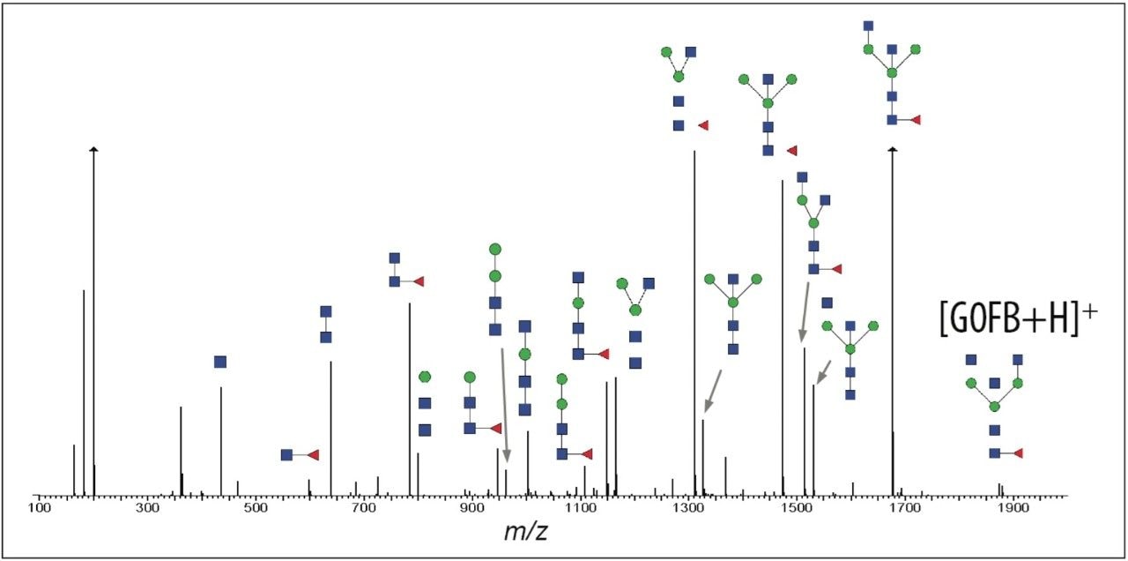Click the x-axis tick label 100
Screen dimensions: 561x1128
pyautogui.click(x=39, y=509)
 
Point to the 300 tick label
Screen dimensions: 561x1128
pyautogui.click(x=147, y=509)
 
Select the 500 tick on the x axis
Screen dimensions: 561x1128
pyautogui.click(x=256, y=509)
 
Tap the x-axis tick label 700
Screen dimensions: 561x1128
pyautogui.click(x=364, y=509)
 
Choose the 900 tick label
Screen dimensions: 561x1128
pyautogui.click(x=472, y=509)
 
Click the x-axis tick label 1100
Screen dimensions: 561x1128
pyautogui.click(x=581, y=509)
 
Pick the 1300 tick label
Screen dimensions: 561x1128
pyautogui.click(x=689, y=509)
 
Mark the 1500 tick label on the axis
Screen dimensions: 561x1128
pyautogui.click(x=798, y=509)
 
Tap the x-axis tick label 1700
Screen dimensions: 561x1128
pyautogui.click(x=906, y=509)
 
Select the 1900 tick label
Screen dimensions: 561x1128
pyautogui.click(x=1014, y=509)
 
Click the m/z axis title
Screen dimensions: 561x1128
pyautogui.click(x=526, y=532)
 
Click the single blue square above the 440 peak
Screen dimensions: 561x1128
pyautogui.click(x=220, y=362)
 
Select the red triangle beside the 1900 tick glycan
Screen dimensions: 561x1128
pyautogui.click(x=1018, y=453)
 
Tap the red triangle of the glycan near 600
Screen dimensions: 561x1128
pyautogui.click(x=312, y=455)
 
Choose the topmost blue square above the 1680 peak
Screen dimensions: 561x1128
pyautogui.click(x=869, y=26)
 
